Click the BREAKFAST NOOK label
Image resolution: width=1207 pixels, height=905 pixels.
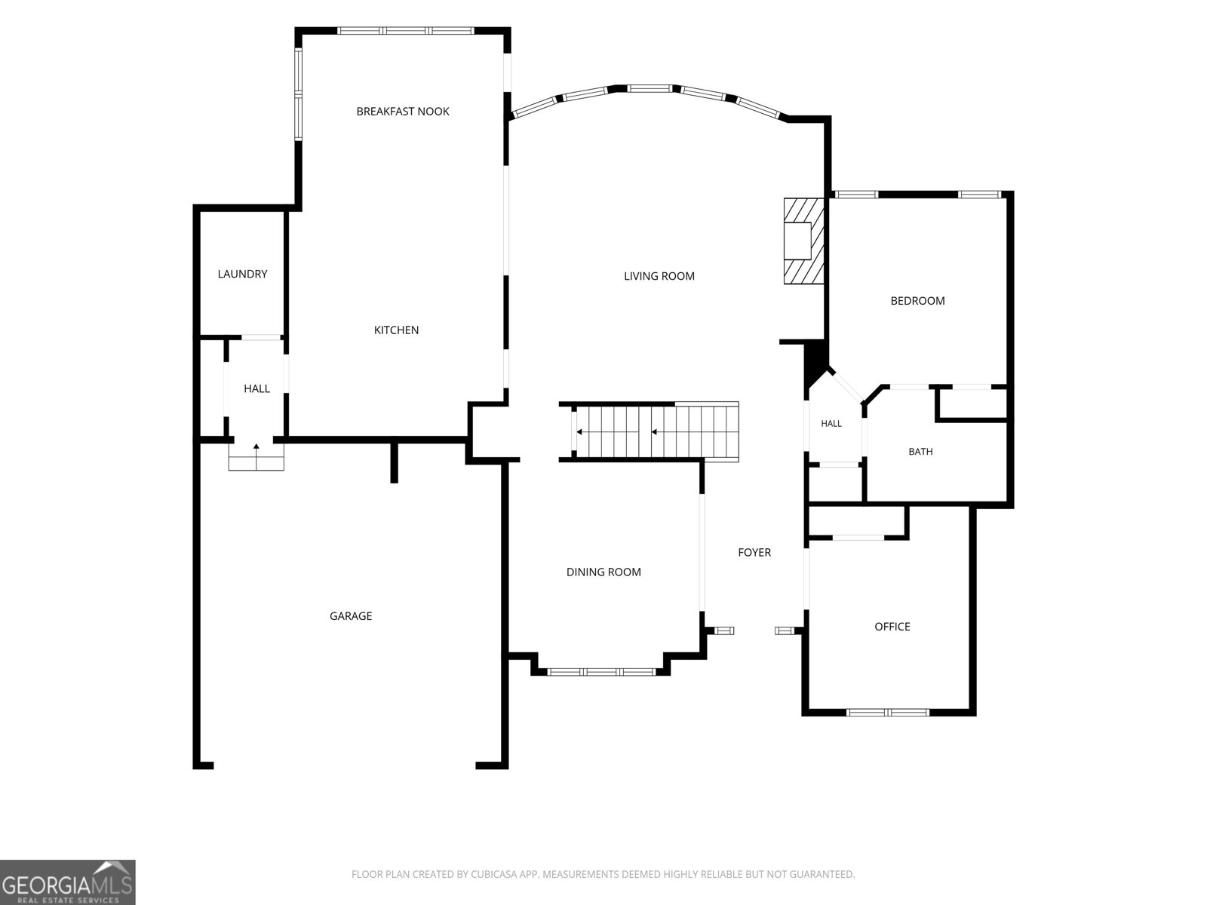(403, 112)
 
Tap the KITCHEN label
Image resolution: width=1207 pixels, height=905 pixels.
(396, 330)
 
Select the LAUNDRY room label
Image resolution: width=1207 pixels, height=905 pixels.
(242, 275)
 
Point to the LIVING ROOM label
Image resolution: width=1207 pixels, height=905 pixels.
(659, 276)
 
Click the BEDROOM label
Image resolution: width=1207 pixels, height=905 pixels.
(917, 301)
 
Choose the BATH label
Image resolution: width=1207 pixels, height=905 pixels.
(920, 452)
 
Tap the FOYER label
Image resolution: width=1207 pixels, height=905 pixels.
(754, 553)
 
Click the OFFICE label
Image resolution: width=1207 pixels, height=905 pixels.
(892, 627)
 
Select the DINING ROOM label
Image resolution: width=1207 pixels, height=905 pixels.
(603, 572)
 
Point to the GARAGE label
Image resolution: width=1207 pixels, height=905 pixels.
(351, 616)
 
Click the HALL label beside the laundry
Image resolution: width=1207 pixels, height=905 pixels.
(256, 389)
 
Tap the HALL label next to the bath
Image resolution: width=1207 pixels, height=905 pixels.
(831, 424)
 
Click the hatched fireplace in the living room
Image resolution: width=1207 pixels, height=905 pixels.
(803, 241)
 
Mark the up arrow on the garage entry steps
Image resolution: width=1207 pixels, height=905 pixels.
(256, 449)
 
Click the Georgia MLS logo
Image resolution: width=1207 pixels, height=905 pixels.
(68, 882)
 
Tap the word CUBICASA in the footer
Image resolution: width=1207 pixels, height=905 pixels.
(493, 874)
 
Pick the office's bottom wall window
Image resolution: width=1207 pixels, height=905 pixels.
(887, 713)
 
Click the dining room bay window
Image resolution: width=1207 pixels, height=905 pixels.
(601, 672)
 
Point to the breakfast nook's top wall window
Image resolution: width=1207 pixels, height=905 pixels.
(406, 31)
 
